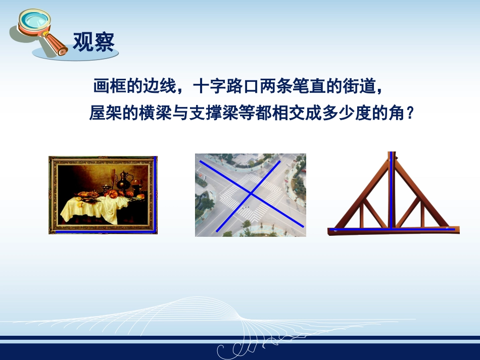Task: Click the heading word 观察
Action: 93,42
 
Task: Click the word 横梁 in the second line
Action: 157,113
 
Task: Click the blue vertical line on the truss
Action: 390,192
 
